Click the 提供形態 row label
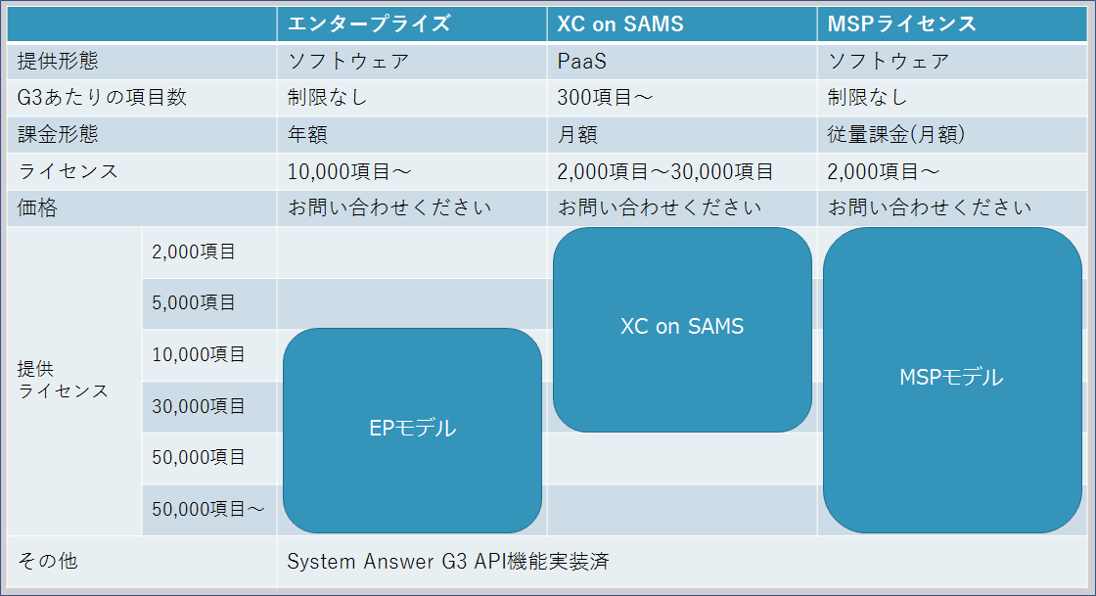click(x=59, y=61)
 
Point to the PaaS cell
click(x=581, y=61)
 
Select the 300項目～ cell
click(x=605, y=97)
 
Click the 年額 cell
click(x=306, y=134)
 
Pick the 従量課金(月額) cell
click(x=895, y=134)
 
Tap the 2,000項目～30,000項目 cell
click(x=665, y=171)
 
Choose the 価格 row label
click(x=38, y=207)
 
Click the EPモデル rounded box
click(x=412, y=429)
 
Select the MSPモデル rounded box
click(x=951, y=378)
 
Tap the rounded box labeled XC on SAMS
click(x=682, y=327)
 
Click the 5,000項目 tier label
click(x=194, y=302)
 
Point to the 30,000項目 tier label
click(x=199, y=405)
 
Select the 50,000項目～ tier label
click(x=208, y=509)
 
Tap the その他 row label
click(x=48, y=562)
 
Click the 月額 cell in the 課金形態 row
click(x=577, y=134)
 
